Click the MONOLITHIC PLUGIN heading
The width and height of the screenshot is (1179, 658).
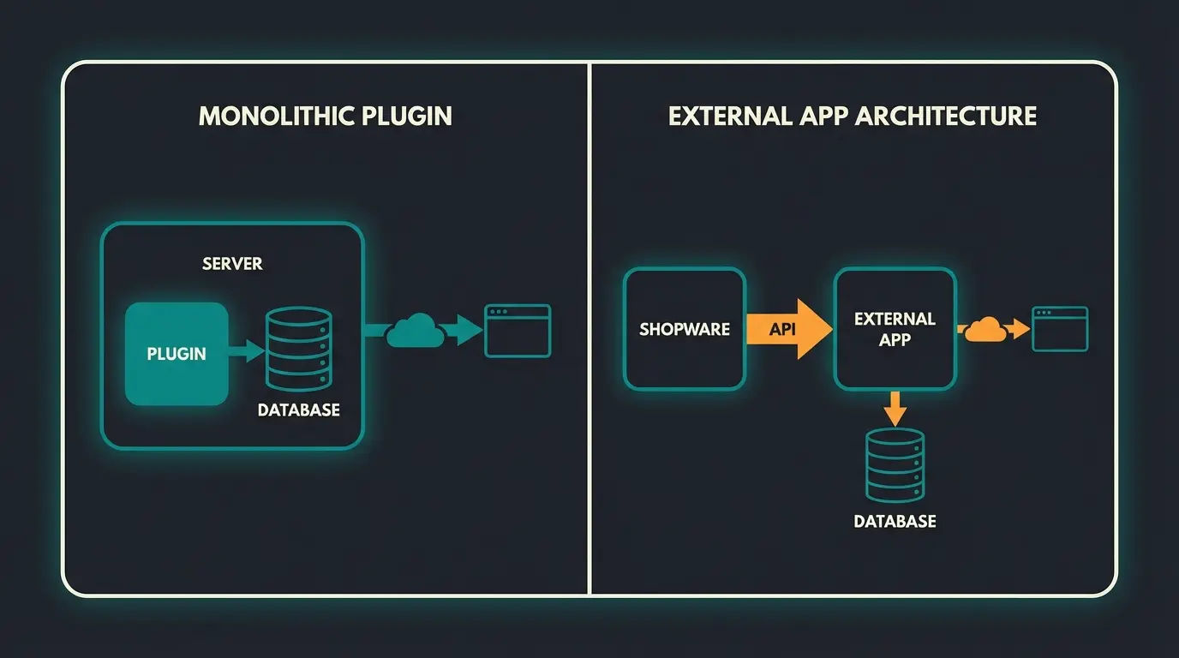pyautogui.click(x=325, y=116)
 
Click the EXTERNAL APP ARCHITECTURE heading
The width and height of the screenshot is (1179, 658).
pyautogui.click(x=852, y=116)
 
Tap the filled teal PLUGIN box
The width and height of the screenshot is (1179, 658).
pyautogui.click(x=177, y=353)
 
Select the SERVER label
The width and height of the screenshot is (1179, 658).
pyautogui.click(x=232, y=263)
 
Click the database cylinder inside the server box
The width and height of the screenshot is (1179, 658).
pyautogui.click(x=298, y=349)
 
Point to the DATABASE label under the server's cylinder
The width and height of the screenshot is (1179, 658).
pyautogui.click(x=298, y=410)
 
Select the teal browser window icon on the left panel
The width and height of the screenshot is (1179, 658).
pyautogui.click(x=518, y=331)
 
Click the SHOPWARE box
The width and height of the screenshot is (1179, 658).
pyautogui.click(x=685, y=330)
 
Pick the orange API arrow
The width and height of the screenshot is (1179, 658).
pyautogui.click(x=788, y=329)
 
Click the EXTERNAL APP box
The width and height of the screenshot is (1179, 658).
pyautogui.click(x=895, y=329)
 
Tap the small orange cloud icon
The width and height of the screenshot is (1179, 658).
pyautogui.click(x=985, y=329)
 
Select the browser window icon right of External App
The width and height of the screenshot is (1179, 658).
pyautogui.click(x=1059, y=329)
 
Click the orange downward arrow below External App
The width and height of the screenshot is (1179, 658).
pyautogui.click(x=895, y=408)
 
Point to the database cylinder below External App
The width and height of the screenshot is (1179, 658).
pyautogui.click(x=895, y=465)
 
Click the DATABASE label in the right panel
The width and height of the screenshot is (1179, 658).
pyautogui.click(x=895, y=521)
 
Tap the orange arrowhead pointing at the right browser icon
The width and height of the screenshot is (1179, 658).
pyautogui.click(x=1020, y=329)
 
